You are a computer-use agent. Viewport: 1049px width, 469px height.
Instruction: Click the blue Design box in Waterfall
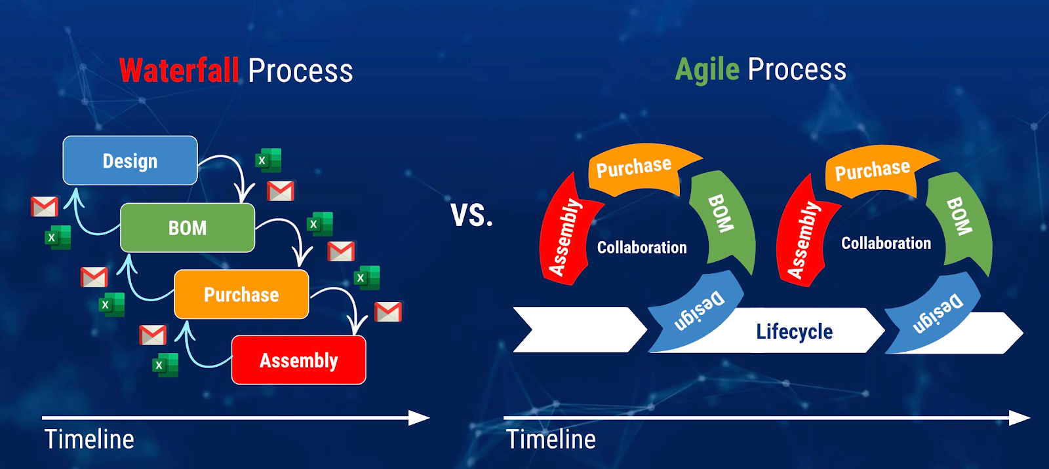[130, 160]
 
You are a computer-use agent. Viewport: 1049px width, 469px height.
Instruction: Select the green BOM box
[188, 228]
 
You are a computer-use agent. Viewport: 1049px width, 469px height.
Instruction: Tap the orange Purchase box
[241, 295]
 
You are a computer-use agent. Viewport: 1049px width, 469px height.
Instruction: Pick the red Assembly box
[299, 360]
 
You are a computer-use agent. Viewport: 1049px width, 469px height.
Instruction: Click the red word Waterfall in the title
[179, 70]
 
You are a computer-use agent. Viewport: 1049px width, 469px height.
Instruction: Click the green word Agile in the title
[707, 69]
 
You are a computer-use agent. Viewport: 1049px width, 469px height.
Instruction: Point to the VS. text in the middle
[471, 215]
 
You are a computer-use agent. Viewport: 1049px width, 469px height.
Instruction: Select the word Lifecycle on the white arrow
[794, 331]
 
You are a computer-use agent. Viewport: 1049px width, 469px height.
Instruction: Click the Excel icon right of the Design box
[268, 160]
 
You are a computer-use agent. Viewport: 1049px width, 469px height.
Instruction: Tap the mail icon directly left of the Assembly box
[153, 335]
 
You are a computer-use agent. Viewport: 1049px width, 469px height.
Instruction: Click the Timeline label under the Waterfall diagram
[89, 440]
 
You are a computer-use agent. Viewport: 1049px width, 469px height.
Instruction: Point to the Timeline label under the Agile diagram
[551, 440]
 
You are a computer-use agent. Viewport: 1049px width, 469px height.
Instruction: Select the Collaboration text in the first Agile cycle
[642, 248]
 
